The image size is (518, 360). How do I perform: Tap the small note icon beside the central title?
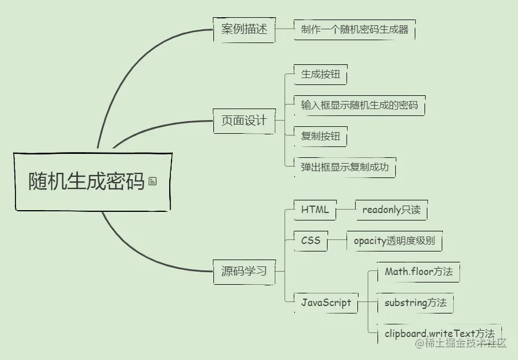coord(152,181)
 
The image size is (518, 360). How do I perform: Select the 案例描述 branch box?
coord(244,29)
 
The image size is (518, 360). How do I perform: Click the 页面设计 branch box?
coord(244,121)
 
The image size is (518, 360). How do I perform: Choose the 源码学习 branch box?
coord(244,271)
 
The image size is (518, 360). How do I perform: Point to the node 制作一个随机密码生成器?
coord(355,30)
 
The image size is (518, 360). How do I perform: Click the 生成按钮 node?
coord(321,74)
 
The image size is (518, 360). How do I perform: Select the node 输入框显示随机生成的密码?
coord(359,106)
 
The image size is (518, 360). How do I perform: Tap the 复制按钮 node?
coord(321,137)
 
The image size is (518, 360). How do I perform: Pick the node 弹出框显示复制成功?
coord(345,168)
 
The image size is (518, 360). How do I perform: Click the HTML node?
coord(315,210)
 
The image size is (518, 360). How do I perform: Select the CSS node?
coord(311,241)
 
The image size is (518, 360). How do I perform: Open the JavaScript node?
coord(326,303)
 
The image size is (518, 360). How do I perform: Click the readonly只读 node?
coord(391,210)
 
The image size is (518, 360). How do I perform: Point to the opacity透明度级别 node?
coord(394,241)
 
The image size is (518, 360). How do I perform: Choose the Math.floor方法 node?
coord(419,272)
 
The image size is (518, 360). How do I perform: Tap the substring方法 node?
coord(415,303)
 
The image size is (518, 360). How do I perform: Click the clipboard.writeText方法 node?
coord(439,333)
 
